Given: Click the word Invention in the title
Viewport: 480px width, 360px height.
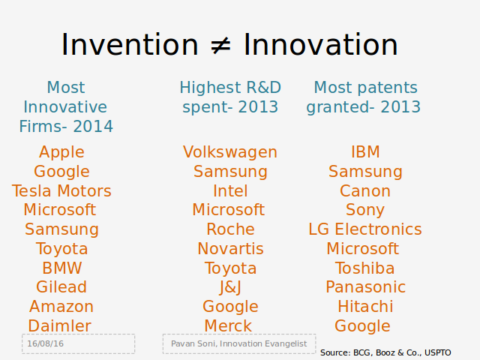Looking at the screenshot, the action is [130, 45].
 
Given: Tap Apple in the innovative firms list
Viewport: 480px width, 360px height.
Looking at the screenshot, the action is [61, 153].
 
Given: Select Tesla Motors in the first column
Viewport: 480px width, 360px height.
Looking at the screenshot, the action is [61, 191].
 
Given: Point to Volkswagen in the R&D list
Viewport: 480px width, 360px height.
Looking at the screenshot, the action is [230, 153].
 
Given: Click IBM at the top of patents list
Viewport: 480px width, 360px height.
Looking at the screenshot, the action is [365, 151].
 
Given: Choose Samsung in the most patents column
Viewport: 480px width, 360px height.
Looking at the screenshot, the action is [365, 172].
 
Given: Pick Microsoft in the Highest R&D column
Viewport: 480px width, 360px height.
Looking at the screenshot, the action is [228, 210].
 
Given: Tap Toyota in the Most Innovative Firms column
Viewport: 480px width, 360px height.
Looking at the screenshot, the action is [61, 249].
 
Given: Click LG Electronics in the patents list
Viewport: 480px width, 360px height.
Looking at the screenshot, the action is [365, 229].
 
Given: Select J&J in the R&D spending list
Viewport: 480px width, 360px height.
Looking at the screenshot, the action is [230, 288].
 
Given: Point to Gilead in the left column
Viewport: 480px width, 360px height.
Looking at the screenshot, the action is [61, 287].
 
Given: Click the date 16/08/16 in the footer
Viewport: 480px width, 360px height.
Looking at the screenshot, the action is [45, 343].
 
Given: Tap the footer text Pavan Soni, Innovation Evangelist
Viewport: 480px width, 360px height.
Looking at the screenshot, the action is [239, 343].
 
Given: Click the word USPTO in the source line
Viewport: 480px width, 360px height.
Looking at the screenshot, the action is [438, 352].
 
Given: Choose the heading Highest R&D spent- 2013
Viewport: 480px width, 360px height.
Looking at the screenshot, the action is [230, 97].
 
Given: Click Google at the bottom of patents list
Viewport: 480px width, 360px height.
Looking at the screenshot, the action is [362, 327].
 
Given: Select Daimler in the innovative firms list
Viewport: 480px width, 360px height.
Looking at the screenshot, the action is [60, 325].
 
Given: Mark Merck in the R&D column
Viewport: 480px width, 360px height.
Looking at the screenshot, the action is [228, 325].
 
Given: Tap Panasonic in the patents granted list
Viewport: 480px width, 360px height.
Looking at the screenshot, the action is [365, 287].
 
